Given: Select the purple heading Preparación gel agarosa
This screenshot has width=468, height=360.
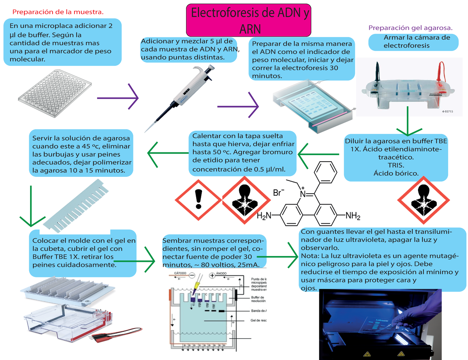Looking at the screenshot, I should [410, 28].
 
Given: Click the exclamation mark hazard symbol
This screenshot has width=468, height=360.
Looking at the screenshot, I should [199, 201].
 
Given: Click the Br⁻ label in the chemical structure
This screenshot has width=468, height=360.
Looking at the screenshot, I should [278, 193].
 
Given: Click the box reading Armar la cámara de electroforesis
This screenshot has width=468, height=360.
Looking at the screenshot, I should [411, 42].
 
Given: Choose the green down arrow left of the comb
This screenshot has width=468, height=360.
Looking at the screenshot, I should [30, 206].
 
